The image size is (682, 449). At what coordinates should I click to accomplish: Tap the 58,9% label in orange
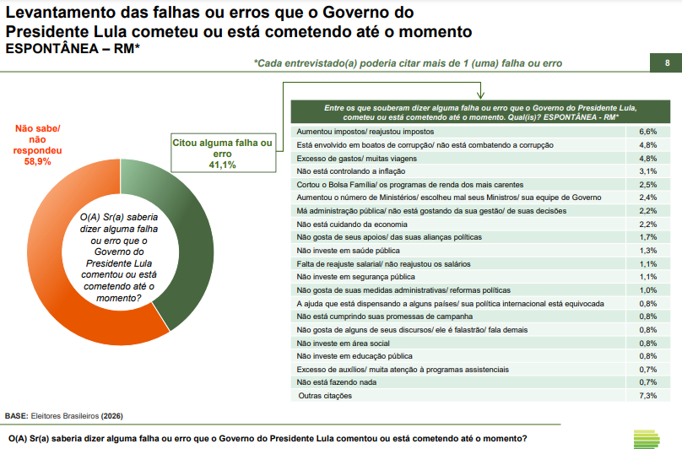click(38, 161)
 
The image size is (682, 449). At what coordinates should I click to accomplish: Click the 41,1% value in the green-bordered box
click(222, 165)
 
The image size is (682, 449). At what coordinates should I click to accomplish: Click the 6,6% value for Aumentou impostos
click(647, 133)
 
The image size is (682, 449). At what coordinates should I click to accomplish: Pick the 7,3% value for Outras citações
click(647, 396)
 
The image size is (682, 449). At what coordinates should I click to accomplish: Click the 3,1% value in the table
click(647, 171)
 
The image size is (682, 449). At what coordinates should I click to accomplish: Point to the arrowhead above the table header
click(479, 95)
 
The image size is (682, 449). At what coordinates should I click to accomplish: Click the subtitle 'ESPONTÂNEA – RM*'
click(73, 49)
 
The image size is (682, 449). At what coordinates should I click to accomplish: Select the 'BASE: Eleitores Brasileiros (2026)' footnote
click(63, 416)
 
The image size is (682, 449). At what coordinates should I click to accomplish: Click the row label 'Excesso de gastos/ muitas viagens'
click(359, 159)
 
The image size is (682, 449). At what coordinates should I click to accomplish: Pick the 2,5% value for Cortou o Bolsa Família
click(647, 185)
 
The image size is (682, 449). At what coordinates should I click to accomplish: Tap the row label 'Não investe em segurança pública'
click(356, 277)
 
